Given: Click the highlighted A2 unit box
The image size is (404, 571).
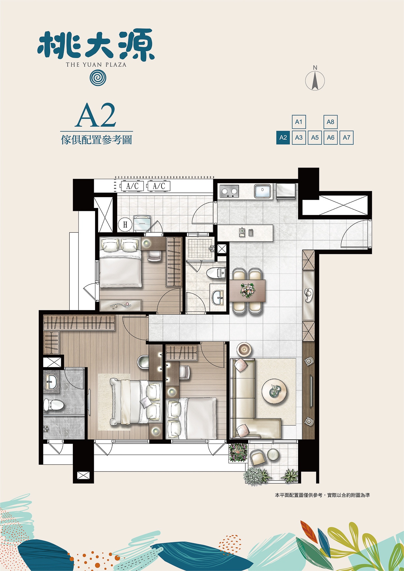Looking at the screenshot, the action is pos(283,138).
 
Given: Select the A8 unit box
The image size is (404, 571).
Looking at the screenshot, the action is pos(330,122).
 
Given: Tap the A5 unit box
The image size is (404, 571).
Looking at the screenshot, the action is pos(315,138).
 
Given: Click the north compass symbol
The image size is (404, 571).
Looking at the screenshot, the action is pos(315,79).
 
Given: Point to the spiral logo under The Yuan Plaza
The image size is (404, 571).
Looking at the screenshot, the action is pos(98,78).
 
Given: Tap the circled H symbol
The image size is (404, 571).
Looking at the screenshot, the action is pos(125,224).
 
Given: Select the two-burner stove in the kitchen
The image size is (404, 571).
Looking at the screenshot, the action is pos(229,192).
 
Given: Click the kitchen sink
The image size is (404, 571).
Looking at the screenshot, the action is pos(262,191).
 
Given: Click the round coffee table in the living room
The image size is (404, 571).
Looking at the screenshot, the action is pos(274,392).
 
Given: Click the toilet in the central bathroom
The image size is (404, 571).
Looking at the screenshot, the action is pos(216,273).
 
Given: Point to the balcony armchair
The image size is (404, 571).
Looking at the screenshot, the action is pos(258,457).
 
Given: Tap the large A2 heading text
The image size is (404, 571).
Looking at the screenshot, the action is pos(96,116).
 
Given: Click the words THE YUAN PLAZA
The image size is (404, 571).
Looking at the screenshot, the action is pos(96,64).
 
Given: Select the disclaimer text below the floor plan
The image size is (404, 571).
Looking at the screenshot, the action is pos(322,495).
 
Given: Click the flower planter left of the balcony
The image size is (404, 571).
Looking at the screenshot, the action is pos(238,452).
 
